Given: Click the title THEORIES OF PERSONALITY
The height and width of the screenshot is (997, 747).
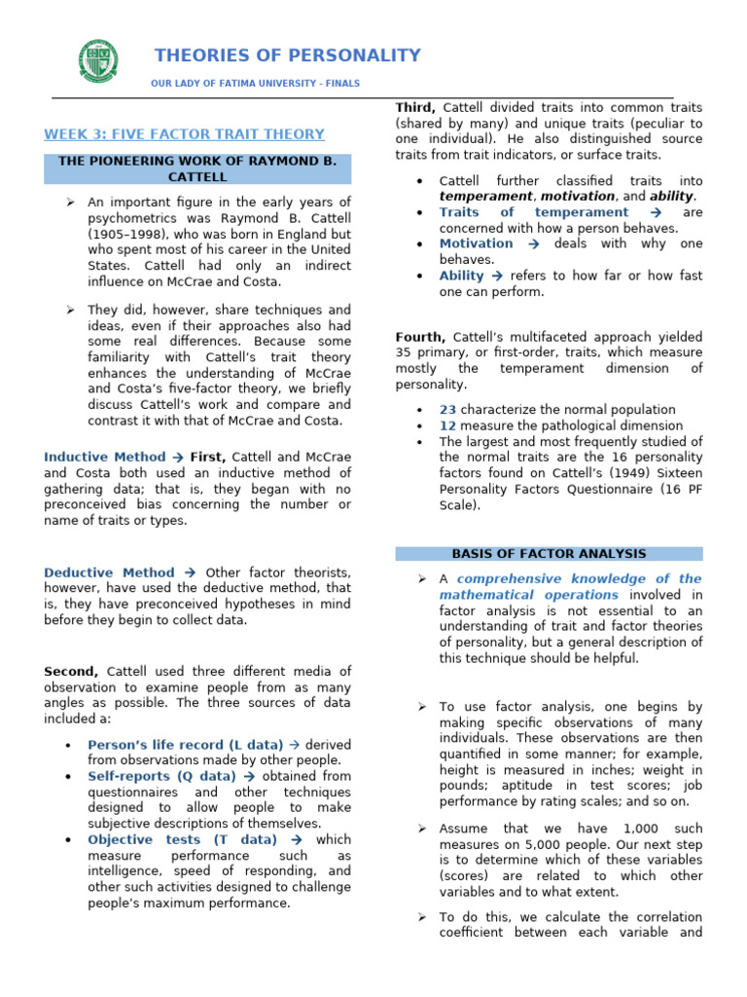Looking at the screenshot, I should [288, 55].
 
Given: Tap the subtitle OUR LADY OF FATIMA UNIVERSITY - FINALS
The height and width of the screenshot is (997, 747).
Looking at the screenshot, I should [255, 84].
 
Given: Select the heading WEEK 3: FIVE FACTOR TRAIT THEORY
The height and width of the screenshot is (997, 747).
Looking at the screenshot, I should [185, 134].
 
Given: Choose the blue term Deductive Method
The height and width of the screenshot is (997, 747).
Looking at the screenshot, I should [109, 572].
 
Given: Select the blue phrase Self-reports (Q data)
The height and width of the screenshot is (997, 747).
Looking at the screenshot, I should [161, 776].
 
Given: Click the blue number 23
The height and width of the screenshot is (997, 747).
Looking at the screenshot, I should [447, 410].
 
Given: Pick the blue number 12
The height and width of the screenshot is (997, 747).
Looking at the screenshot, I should [447, 425].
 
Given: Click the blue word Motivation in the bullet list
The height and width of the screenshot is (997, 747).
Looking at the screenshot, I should [476, 243].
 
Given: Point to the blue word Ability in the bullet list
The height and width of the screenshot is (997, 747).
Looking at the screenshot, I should [461, 276].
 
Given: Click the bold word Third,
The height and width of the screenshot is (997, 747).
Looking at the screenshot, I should [415, 107].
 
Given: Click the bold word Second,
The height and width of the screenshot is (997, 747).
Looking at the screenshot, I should [71, 671].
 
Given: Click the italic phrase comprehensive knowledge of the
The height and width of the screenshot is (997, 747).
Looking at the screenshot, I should [579, 578].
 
